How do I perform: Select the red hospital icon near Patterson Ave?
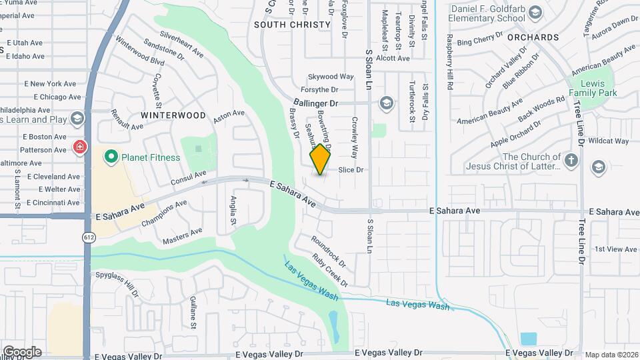(x=80, y=146)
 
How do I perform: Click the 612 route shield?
(x=89, y=237)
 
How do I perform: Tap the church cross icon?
(x=571, y=160)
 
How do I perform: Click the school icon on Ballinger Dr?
(x=385, y=103)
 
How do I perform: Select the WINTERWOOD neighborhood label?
(x=173, y=115)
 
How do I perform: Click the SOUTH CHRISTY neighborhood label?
(x=292, y=25)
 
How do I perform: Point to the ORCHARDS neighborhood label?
(x=533, y=37)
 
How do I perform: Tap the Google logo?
(x=22, y=352)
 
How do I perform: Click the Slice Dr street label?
(x=351, y=170)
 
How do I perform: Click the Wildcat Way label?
(x=609, y=141)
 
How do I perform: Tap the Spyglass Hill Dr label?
(x=117, y=283)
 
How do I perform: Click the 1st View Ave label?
(x=616, y=249)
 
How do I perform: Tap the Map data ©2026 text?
(x=611, y=355)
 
